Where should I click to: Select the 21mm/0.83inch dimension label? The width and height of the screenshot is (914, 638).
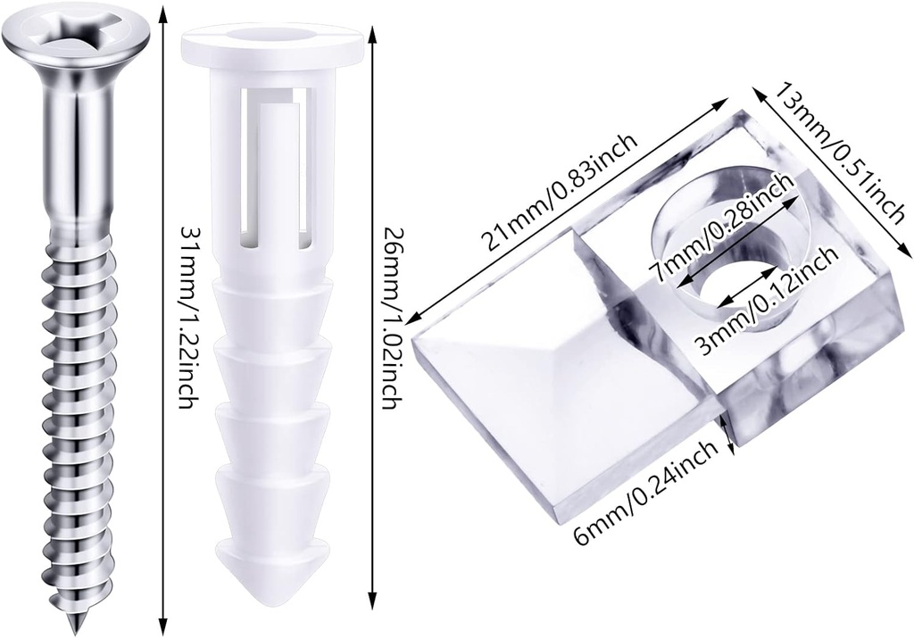click(x=559, y=192)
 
